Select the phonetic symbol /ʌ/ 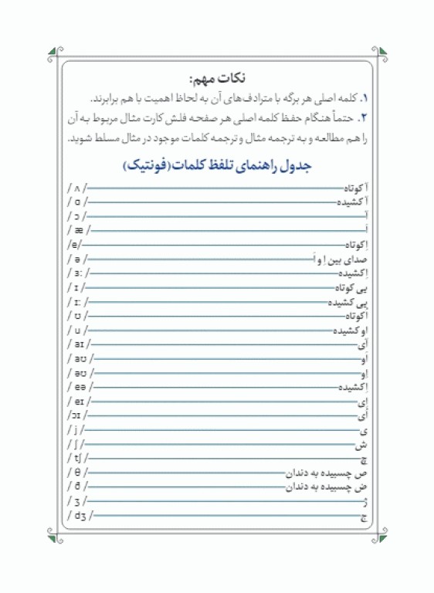tap(78, 188)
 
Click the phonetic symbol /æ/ tap(79, 229)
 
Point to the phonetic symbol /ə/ tap(78, 258)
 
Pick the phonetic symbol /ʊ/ tap(78, 315)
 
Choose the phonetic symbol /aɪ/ tap(79, 344)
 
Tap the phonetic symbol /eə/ tap(80, 386)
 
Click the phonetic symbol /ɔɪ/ tap(78, 415)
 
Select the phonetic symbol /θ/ tap(78, 472)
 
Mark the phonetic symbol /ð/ tap(78, 486)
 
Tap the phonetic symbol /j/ tap(77, 429)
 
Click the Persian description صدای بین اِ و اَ tap(341, 259)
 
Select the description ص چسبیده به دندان tap(327, 473)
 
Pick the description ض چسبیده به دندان tap(327, 486)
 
